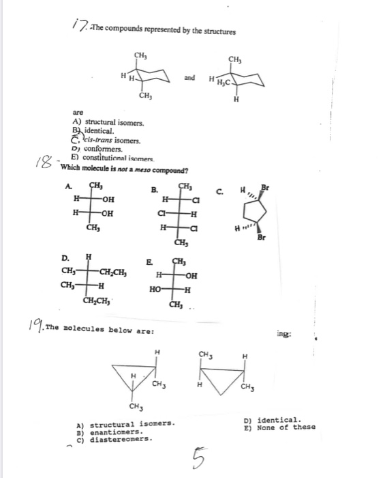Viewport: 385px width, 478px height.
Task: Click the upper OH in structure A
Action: coord(107,200)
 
